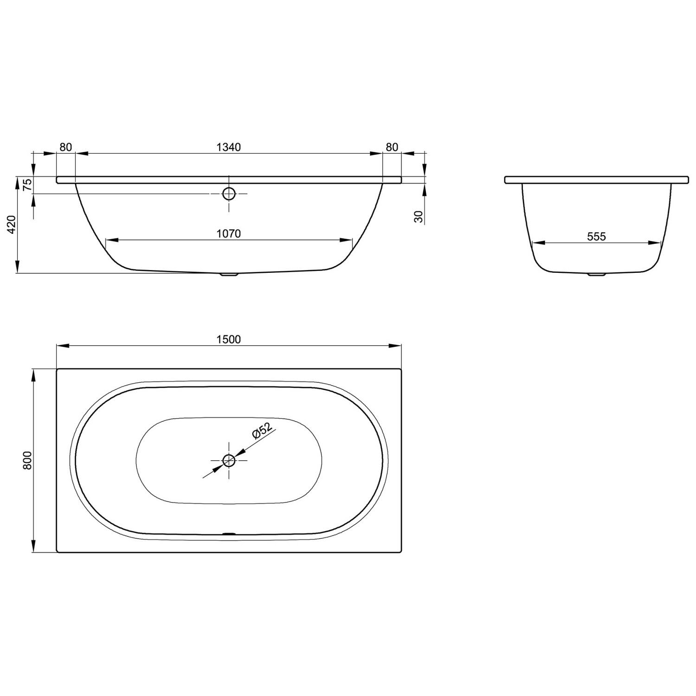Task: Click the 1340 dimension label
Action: point(229,147)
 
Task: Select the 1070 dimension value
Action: point(229,234)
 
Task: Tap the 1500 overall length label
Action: point(229,340)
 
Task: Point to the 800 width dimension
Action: point(27,460)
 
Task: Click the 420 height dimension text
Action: point(12,224)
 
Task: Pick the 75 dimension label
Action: point(27,185)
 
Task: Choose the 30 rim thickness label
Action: point(419,217)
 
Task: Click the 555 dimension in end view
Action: point(597,237)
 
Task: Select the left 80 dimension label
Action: point(66,147)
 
